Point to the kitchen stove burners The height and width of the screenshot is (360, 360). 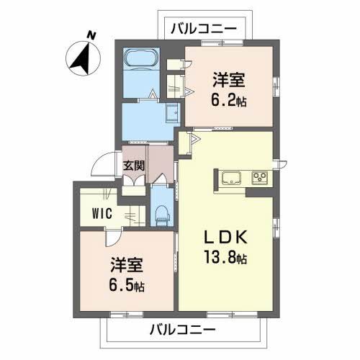pyautogui.click(x=259, y=178)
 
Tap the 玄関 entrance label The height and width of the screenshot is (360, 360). pyautogui.click(x=134, y=165)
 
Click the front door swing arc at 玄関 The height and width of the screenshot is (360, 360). pyautogui.click(x=109, y=165)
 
